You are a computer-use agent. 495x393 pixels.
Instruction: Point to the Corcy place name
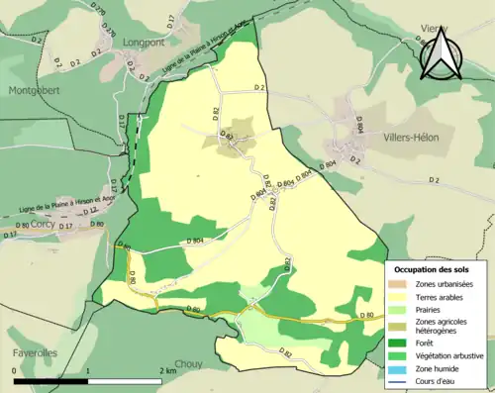[x=43, y=225]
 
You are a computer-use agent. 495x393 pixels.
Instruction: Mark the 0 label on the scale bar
[x=15, y=370]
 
